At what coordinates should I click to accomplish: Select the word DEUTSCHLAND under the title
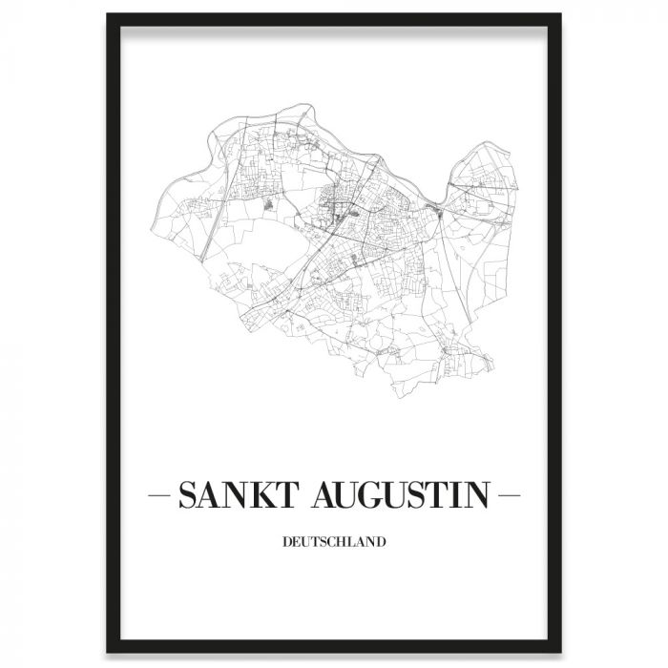click(334, 543)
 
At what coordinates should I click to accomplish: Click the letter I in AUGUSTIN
click(458, 497)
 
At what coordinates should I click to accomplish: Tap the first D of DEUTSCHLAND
click(287, 543)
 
